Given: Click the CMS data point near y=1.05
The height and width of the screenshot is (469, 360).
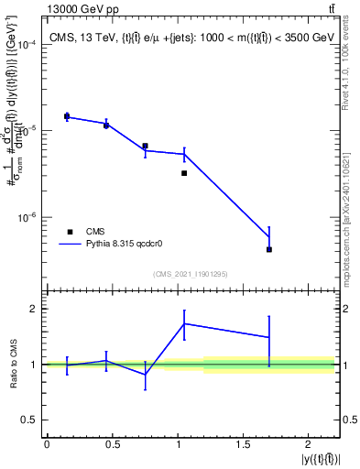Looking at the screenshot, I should coord(184,173).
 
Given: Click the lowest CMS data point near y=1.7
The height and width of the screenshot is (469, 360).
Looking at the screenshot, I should coord(269,249).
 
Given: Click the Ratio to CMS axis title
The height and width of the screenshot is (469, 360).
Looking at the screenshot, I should coord(12,365).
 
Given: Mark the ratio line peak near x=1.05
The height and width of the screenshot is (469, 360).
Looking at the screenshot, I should coord(184,323).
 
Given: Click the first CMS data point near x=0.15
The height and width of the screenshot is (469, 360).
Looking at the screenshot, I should coord(67,116).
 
